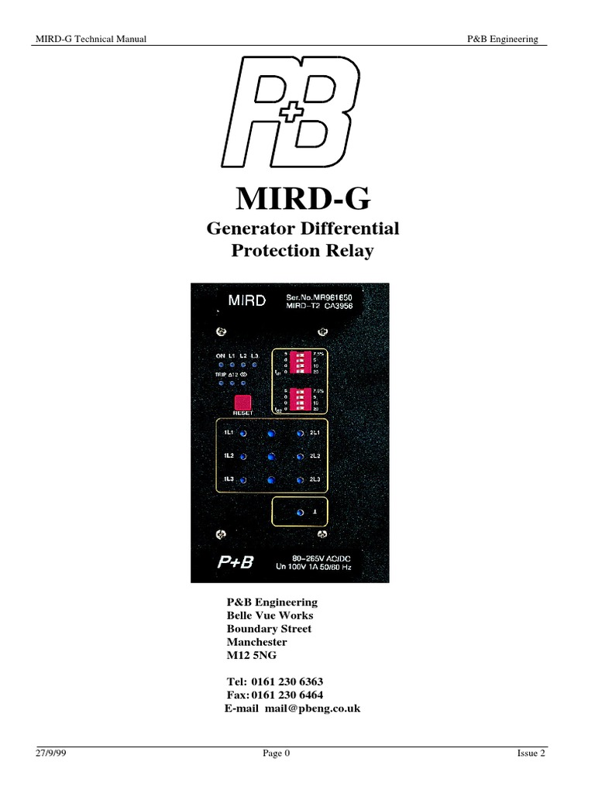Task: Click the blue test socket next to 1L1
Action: [x=242, y=434]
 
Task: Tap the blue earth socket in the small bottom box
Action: [x=300, y=513]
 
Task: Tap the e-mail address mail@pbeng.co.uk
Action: [x=312, y=709]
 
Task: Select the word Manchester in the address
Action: [x=256, y=642]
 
